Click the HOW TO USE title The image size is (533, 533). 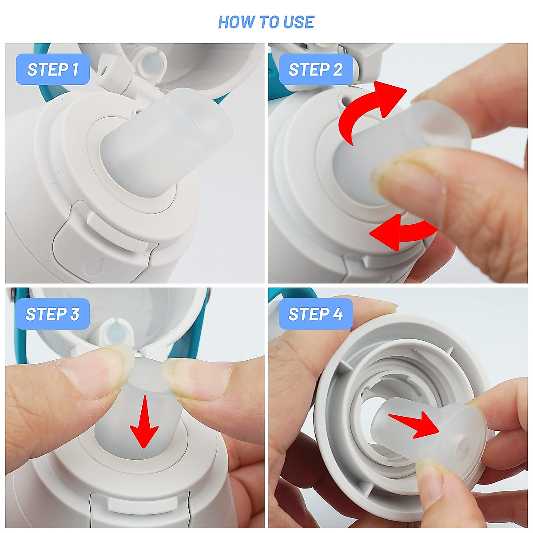266,22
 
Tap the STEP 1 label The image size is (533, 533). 53,69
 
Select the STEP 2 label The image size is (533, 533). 316,69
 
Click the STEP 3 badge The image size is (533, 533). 52,314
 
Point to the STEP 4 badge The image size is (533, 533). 316,314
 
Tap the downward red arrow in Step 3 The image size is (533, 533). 144,422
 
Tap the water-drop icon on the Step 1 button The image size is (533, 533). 93,267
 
